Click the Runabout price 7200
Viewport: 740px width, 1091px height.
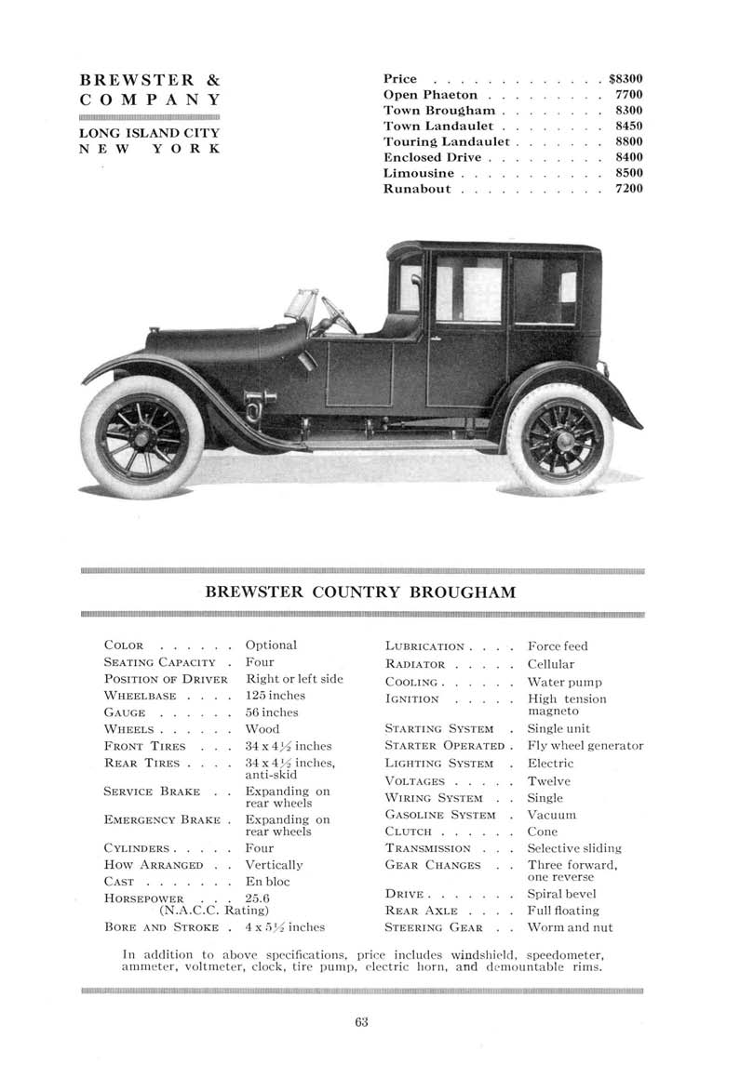629,189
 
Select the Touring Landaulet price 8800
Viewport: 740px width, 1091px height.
629,141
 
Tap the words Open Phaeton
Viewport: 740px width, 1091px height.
430,95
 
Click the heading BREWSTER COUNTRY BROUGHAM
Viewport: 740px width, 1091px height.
360,592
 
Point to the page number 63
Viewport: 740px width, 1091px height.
361,1023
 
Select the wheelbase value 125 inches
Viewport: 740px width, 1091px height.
275,695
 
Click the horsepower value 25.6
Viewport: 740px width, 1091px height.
257,898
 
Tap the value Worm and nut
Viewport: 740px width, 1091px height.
570,927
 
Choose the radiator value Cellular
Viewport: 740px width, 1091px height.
551,664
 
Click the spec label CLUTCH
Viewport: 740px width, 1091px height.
411,831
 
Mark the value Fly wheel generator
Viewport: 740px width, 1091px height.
585,745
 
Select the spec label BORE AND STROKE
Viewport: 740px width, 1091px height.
161,926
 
